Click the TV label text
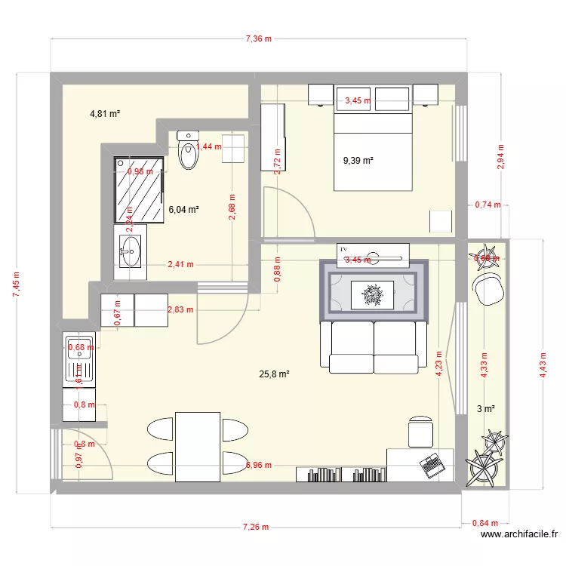pos(343,248)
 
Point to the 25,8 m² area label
pos(275,374)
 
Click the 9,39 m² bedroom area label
pos(358,160)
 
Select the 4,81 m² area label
pos(106,114)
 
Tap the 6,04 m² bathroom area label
pos(183,210)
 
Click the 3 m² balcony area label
pos(486,409)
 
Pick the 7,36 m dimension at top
pos(258,38)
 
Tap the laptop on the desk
pos(432,465)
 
